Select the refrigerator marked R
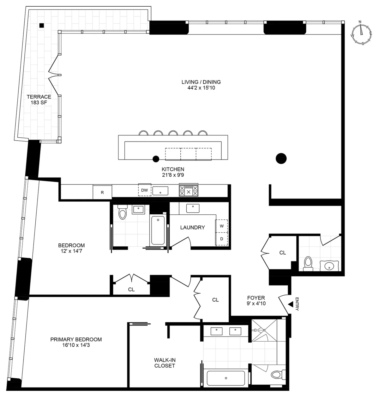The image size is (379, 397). coord(102,192)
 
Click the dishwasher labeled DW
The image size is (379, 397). coord(144,190)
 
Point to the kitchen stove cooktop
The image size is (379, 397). coord(189,191)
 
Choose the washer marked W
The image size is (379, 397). coord(222,226)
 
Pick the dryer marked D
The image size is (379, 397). coord(222,239)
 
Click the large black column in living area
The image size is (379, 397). coord(281,158)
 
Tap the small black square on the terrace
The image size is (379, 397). coord(41,25)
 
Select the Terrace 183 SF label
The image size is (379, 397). coord(39,99)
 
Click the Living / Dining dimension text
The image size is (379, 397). coord(201,85)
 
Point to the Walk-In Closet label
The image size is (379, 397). coord(165,363)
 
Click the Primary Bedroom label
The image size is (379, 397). coord(76,342)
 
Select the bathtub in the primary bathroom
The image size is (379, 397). coord(226,378)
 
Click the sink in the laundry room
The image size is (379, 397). coord(192,208)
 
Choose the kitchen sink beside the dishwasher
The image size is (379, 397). coord(160,191)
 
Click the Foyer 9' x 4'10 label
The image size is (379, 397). coord(256,300)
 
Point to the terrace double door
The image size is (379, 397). coord(54,75)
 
